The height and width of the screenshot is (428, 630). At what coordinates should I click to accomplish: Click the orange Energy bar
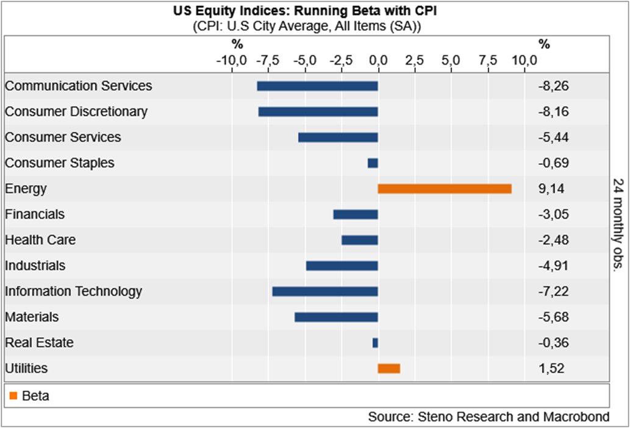click(445, 189)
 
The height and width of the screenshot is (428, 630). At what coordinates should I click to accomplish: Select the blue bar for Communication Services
click(317, 86)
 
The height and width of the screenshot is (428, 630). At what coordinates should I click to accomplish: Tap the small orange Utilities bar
click(389, 368)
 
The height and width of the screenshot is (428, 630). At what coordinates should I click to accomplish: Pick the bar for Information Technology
click(325, 292)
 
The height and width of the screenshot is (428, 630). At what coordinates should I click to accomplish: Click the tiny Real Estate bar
click(375, 343)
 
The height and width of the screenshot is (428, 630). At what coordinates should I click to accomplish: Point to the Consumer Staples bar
click(373, 163)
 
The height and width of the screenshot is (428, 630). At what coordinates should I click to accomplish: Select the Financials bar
click(356, 214)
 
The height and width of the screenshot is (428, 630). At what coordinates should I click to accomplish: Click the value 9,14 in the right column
click(551, 189)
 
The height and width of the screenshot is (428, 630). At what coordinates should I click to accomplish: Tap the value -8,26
click(553, 86)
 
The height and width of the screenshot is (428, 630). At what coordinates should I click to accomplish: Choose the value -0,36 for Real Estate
click(553, 343)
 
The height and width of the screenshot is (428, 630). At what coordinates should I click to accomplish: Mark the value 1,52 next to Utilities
click(551, 368)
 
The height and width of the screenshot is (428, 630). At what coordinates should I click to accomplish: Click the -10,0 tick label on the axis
click(232, 61)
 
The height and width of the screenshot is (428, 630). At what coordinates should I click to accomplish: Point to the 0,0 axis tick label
click(378, 61)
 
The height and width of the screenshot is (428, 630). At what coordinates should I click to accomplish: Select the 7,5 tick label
click(488, 61)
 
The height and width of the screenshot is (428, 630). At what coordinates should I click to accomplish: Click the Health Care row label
click(40, 240)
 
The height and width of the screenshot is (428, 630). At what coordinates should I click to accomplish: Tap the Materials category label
click(32, 317)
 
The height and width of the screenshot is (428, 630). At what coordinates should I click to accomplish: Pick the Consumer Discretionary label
click(76, 111)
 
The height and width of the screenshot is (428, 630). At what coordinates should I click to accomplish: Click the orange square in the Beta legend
click(13, 396)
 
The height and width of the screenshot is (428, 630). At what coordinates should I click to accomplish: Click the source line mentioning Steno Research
click(489, 417)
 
